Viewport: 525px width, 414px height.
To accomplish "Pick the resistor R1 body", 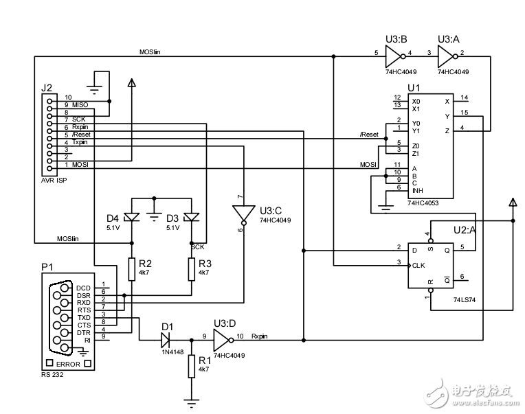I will click(191, 366).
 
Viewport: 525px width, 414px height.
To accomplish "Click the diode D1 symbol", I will click(165, 338).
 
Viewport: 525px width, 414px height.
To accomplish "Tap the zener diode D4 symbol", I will click(131, 218).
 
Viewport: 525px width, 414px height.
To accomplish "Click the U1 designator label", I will click(413, 88).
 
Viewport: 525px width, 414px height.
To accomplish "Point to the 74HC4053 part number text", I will click(424, 204).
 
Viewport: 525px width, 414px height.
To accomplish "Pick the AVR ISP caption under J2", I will click(56, 180).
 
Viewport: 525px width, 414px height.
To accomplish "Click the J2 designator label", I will click(47, 89).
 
